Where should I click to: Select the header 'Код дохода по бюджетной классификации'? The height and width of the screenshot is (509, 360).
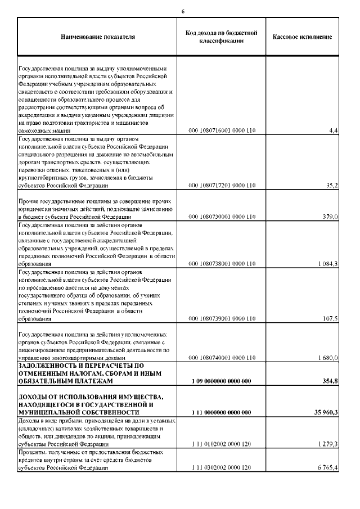coord(221,37)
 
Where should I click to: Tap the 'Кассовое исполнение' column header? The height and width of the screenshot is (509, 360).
coord(302,38)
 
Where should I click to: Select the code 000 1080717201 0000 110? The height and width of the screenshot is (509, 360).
coord(222,185)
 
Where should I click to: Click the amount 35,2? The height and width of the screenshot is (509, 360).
coord(331,185)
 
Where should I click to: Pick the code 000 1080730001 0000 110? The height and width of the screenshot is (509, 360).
coord(222,217)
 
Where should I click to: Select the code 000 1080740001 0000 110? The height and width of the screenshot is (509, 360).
coord(222,358)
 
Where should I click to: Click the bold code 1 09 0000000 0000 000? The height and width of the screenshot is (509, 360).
coord(221,381)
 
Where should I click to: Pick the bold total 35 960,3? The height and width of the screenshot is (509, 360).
coord(325,413)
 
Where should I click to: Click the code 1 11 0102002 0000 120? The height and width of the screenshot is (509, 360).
coord(222,444)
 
